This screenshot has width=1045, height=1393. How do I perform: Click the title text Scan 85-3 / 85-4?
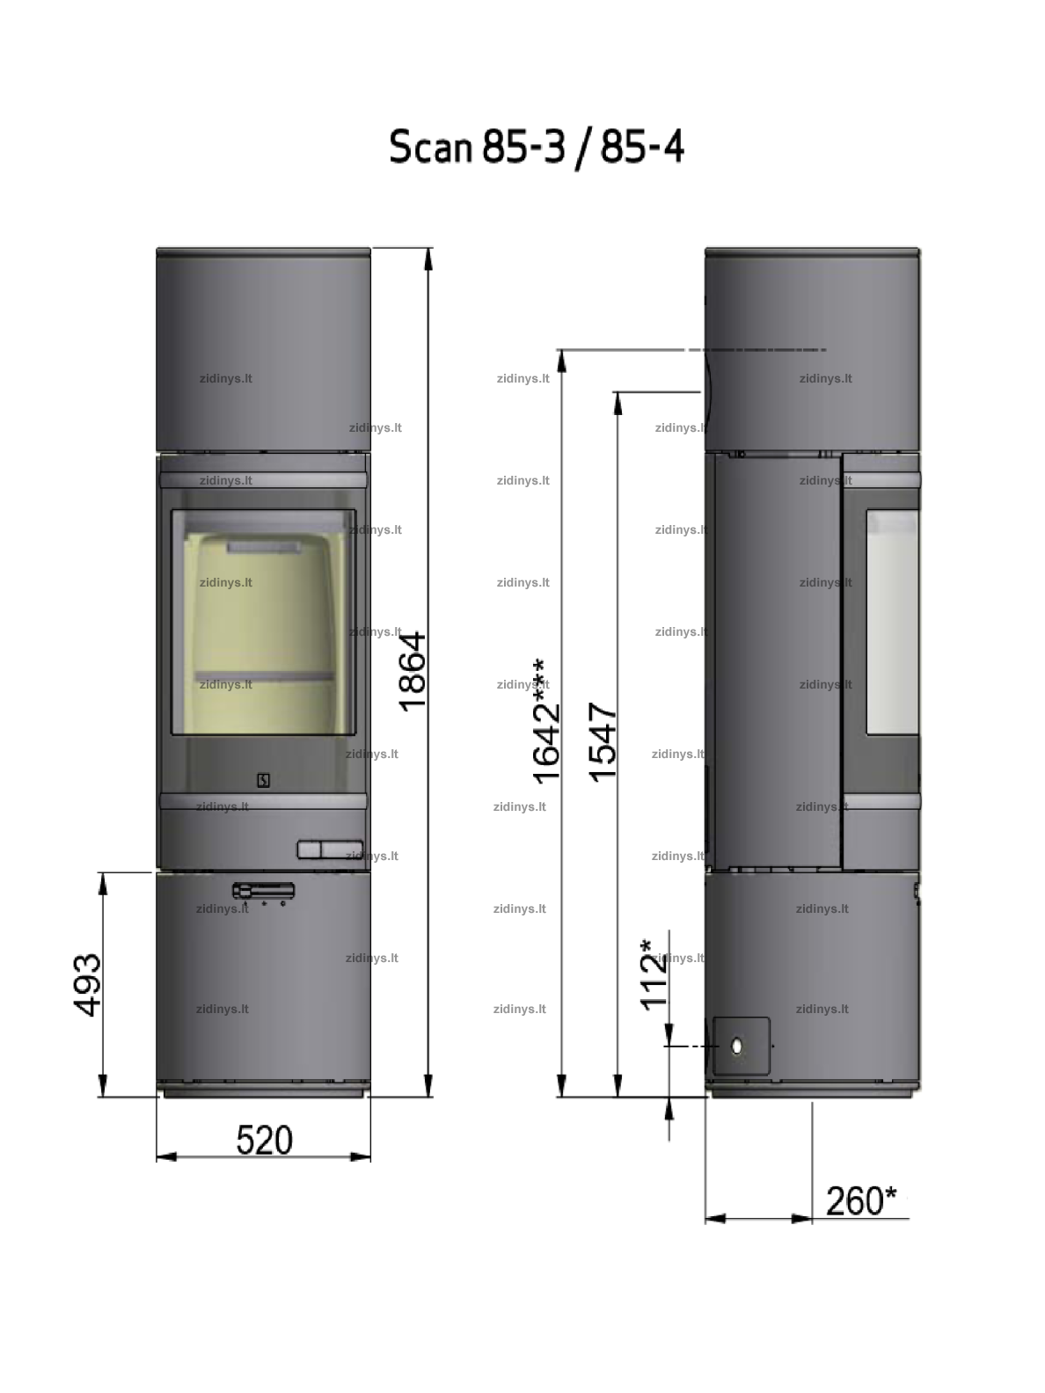[537, 147]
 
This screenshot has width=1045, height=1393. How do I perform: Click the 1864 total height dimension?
[413, 671]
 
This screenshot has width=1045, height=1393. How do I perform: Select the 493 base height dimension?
[87, 985]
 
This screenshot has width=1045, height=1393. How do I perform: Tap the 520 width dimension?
[264, 1140]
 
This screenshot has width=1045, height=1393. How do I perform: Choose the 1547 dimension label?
[603, 742]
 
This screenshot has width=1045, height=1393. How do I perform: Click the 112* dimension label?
[654, 974]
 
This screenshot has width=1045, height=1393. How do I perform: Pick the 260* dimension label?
[861, 1200]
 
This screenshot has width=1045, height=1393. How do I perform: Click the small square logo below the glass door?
[263, 781]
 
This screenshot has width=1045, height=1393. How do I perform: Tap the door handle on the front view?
[330, 850]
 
